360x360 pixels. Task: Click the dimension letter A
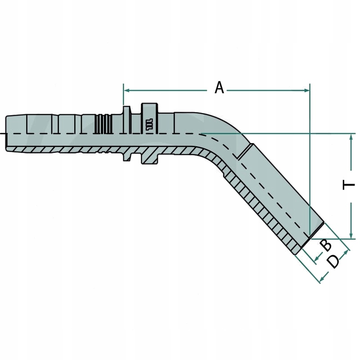tap(219, 87)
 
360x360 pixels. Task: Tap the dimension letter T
tap(349, 185)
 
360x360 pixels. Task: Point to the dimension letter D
tap(333, 261)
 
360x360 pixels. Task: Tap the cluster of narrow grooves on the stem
tap(103, 123)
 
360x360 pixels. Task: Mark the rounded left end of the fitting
tap(8, 134)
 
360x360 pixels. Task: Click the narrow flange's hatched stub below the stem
tap(127, 155)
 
